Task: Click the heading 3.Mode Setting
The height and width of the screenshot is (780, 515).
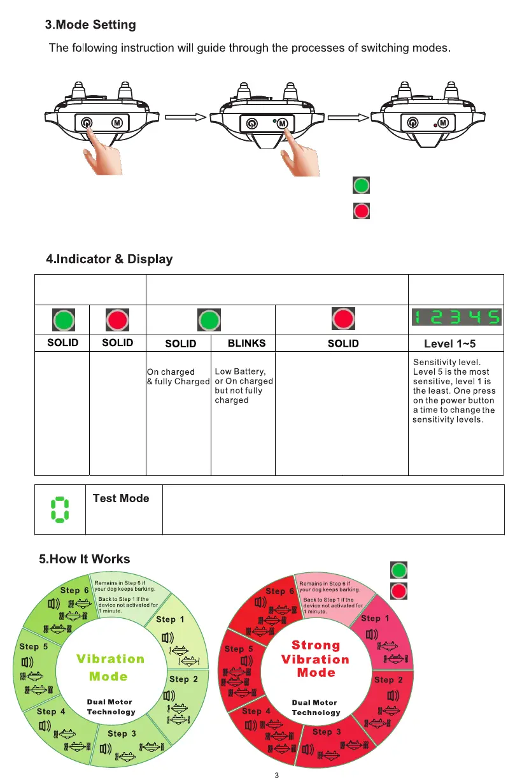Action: pos(90,25)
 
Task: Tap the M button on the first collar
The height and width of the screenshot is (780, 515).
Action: pos(116,122)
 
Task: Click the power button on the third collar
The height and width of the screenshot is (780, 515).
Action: pos(413,122)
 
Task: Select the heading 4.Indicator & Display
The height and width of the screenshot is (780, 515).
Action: pos(109,259)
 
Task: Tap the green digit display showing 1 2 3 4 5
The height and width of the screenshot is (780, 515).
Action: pos(456,317)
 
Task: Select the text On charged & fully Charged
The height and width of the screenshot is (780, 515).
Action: pos(178,377)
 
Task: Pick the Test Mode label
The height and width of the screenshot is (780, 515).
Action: pos(121,498)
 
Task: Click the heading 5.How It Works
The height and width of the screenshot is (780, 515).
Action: pos(84,559)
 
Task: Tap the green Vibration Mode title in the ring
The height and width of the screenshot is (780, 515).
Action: pos(110,667)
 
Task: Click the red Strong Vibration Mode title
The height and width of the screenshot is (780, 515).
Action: pos(316,659)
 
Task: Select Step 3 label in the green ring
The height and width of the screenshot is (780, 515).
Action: pos(122,733)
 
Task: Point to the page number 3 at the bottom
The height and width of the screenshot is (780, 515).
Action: pos(276,776)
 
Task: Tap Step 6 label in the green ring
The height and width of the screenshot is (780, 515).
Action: pos(74,591)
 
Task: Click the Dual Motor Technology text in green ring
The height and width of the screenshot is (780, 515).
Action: pos(111,707)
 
